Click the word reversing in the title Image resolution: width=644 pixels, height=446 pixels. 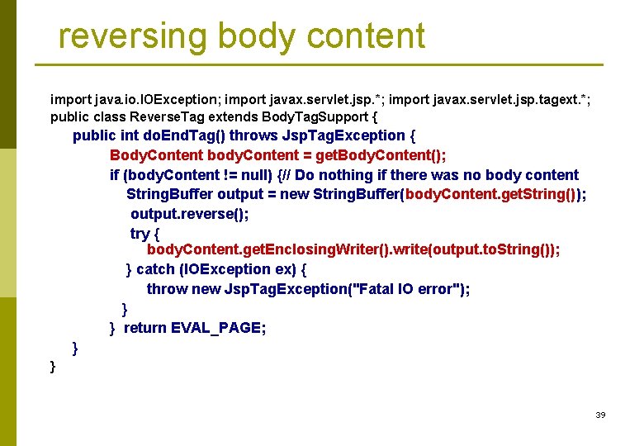132,36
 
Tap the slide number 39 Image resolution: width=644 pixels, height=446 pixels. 600,415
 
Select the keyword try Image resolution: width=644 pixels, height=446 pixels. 140,234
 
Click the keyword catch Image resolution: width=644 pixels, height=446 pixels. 155,269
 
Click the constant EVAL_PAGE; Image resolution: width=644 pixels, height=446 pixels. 218,329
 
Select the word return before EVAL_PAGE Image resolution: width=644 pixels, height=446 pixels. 144,329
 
